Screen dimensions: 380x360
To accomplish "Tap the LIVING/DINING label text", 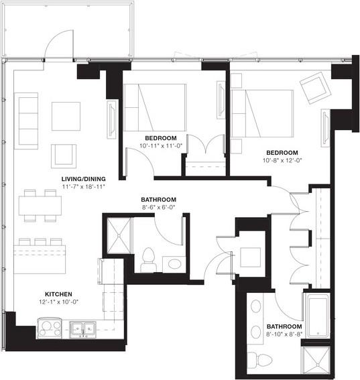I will coord(78,178).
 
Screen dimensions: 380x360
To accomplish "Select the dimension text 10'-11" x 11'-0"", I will coord(160,146).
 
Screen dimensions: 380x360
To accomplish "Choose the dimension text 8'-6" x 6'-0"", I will coord(158,208).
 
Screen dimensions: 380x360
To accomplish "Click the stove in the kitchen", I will coord(49,328).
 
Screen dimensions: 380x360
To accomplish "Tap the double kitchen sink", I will coord(84,328).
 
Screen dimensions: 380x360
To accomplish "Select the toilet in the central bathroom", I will coord(147,259).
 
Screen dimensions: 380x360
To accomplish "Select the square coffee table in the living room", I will coord(66,115).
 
